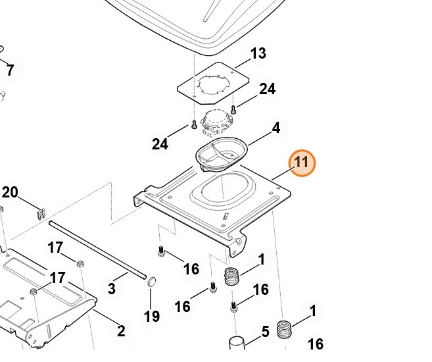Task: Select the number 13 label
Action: (258, 54)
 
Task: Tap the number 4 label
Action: (276, 128)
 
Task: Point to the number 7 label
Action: (10, 70)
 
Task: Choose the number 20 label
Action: (10, 192)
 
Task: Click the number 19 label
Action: (152, 317)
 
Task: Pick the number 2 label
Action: (121, 331)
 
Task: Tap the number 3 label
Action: (111, 288)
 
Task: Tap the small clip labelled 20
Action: (40, 213)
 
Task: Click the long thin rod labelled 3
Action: (99, 250)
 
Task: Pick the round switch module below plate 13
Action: (216, 121)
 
